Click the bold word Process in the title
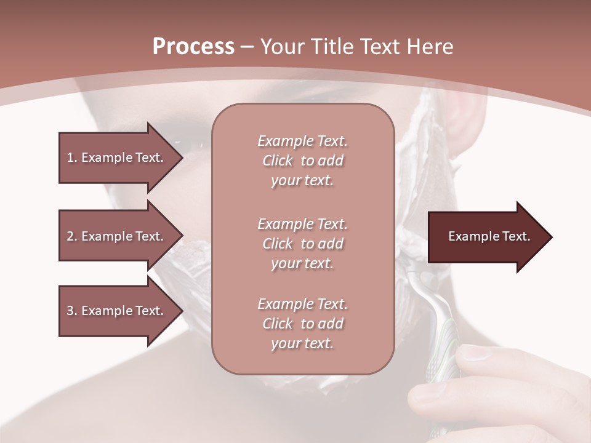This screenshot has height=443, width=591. (x=193, y=47)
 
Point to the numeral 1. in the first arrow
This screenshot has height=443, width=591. (x=72, y=158)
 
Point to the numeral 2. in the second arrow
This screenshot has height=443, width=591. (x=72, y=236)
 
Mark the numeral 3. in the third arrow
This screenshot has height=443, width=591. (x=72, y=311)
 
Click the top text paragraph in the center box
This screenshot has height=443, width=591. (x=302, y=161)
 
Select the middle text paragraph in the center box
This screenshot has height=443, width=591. (x=302, y=244)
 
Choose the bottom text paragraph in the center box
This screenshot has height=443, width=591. (x=302, y=324)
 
